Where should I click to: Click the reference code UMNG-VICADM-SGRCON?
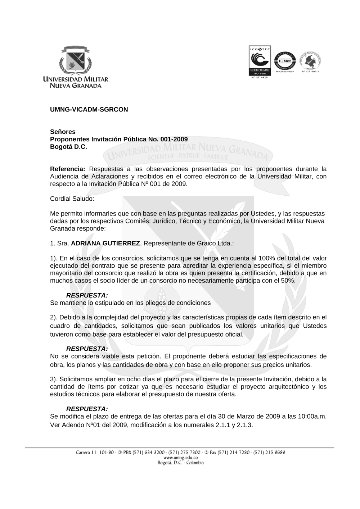89,109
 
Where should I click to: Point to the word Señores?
63,132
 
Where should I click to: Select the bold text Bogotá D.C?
68,147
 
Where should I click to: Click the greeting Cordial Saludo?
72,199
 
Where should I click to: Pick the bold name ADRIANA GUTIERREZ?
105,244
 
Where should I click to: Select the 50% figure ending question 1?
288,281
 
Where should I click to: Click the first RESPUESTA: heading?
87,295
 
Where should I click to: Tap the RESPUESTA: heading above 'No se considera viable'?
87,349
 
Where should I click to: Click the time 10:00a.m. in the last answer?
312,417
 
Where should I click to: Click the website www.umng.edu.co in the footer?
179,458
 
